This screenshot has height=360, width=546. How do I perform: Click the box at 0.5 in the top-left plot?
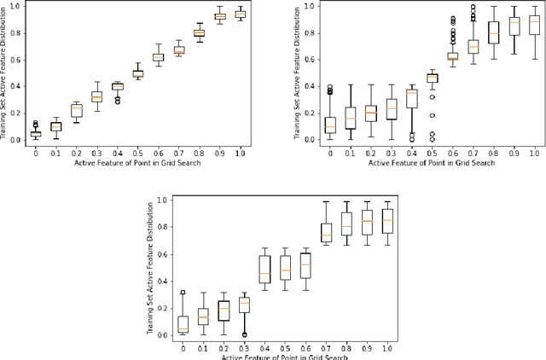(137, 74)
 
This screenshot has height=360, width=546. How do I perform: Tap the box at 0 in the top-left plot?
(35, 133)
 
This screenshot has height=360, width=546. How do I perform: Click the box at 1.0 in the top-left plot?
(240, 15)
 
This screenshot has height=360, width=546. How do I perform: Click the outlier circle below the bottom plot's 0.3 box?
(245, 334)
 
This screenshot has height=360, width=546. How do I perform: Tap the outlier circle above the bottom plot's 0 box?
(183, 293)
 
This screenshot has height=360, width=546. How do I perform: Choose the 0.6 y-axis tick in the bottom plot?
(164, 253)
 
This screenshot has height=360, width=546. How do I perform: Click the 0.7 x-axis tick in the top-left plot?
(178, 154)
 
